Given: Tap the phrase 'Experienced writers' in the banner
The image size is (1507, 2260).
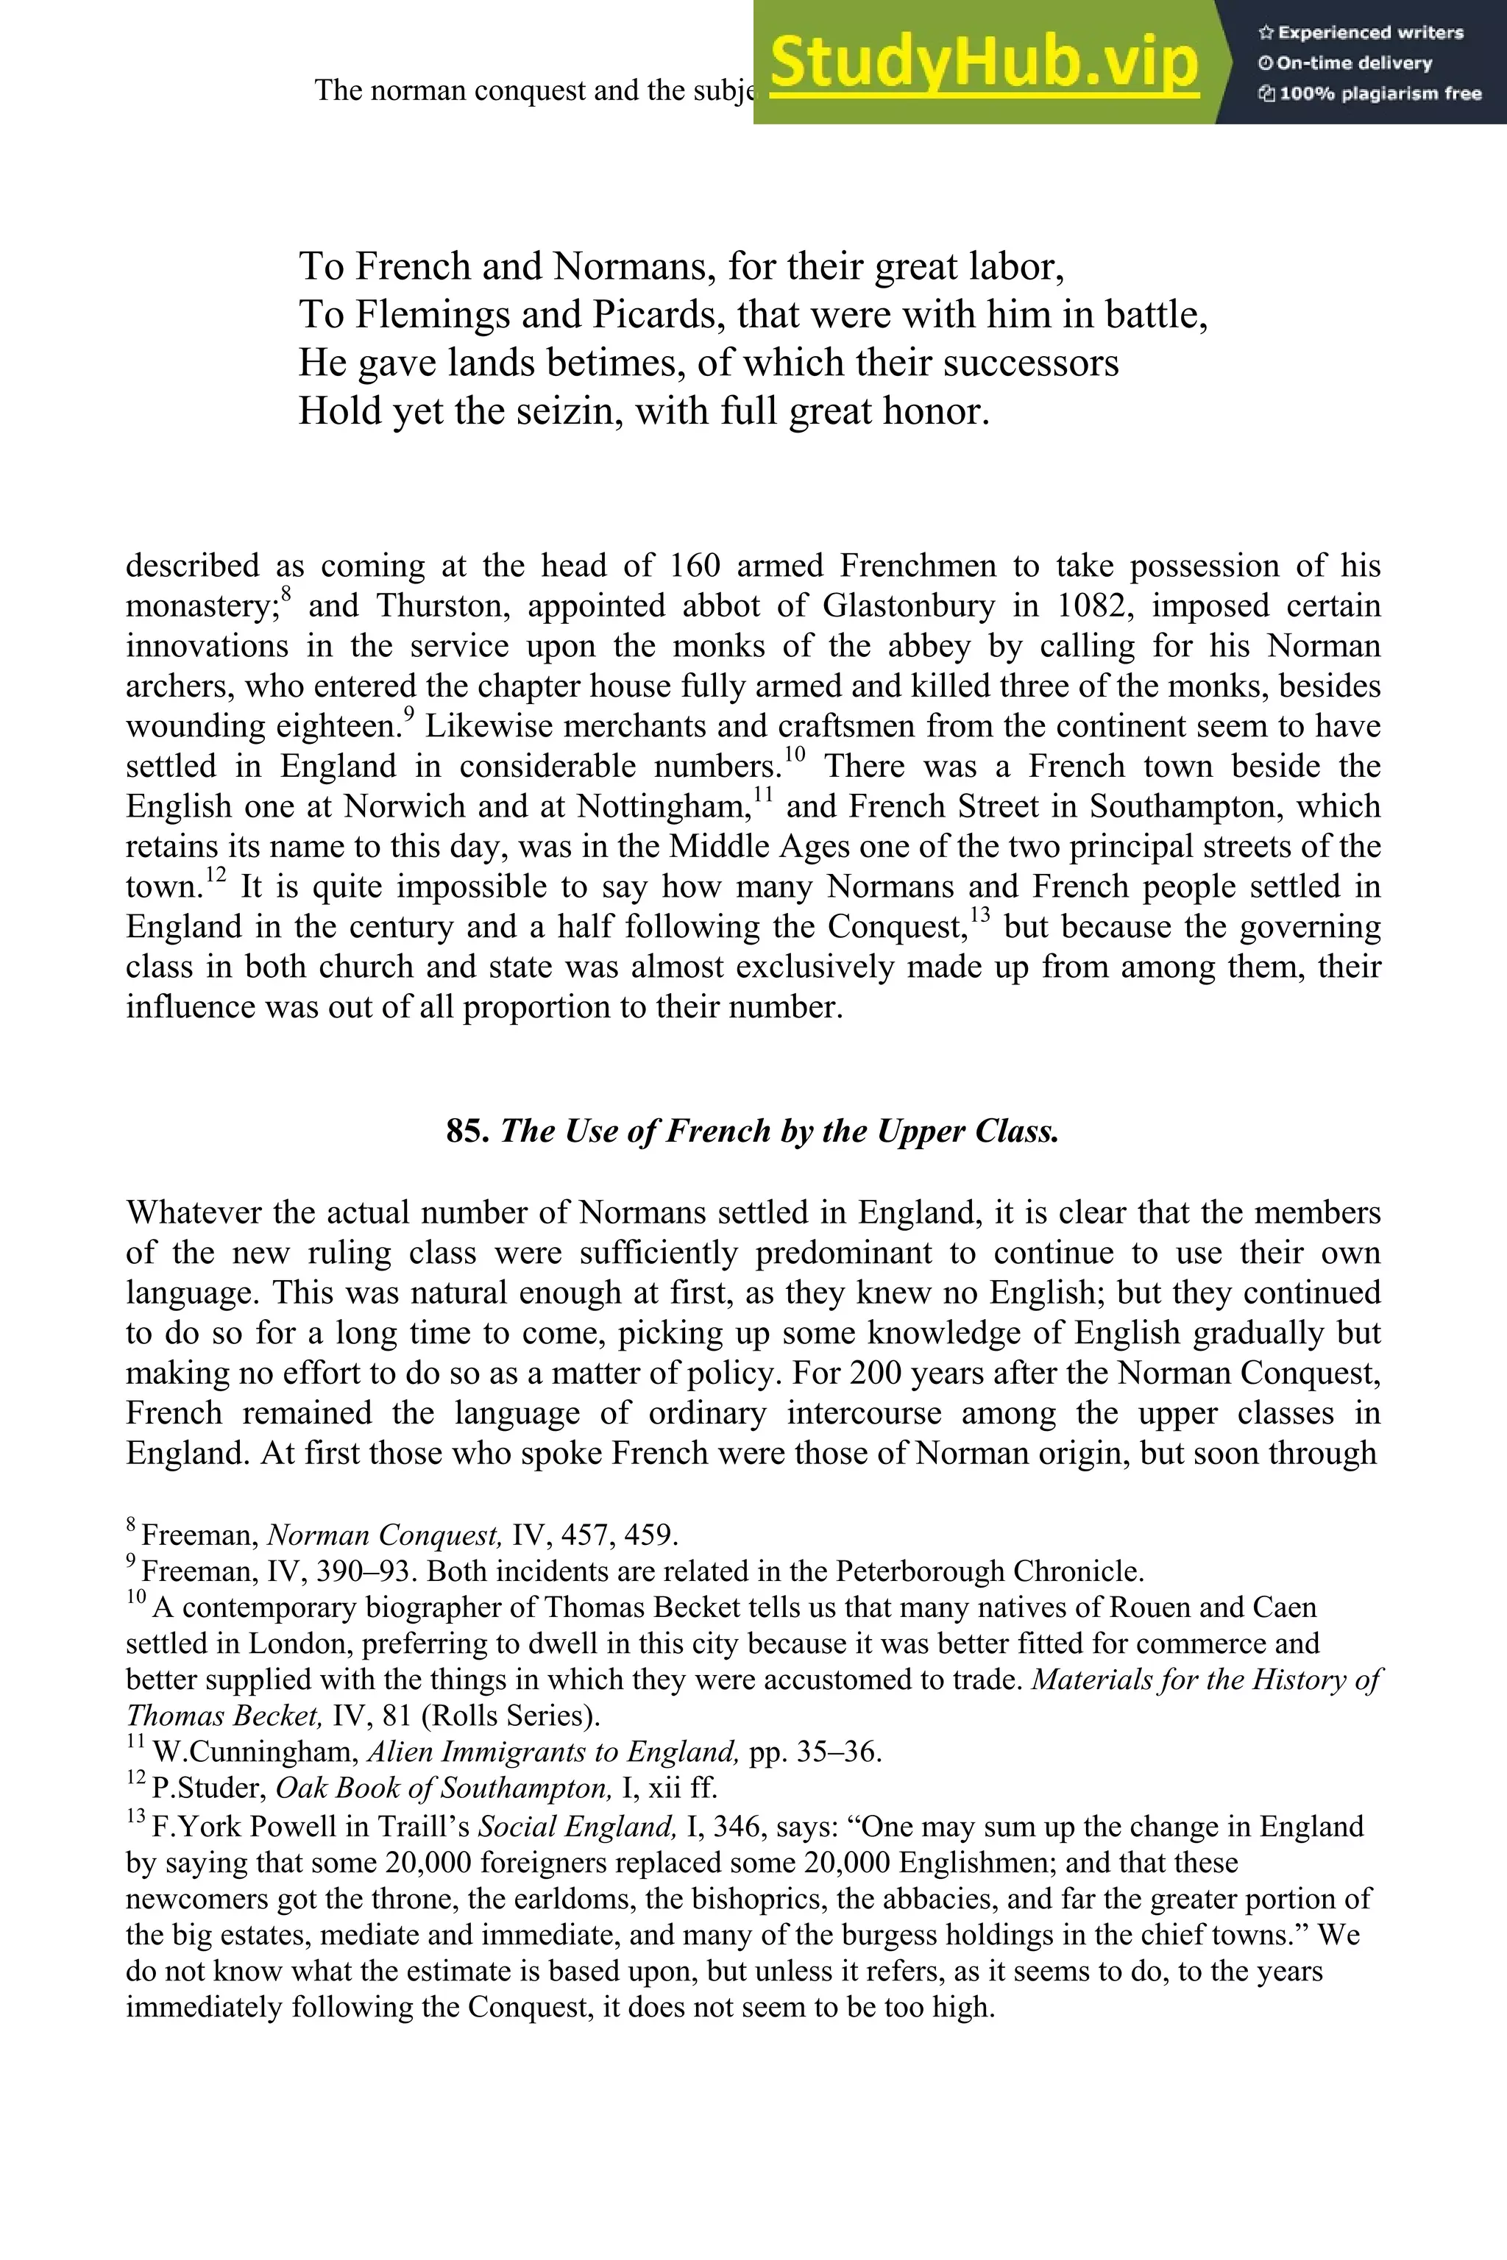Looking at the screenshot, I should (1369, 32).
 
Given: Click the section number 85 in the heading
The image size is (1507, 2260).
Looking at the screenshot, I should (464, 1131).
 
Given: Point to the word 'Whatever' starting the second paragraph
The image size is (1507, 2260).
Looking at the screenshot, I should (191, 1212).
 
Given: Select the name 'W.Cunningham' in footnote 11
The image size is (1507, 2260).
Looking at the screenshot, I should (255, 1752).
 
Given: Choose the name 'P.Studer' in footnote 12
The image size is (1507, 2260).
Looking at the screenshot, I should (208, 1788).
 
